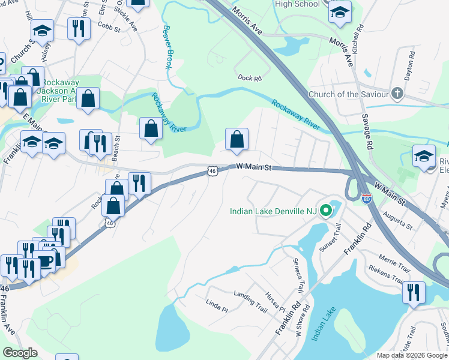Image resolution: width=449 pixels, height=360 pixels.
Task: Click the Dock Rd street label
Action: [x=250, y=77]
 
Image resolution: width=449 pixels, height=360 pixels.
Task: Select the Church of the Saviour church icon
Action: [x=397, y=94]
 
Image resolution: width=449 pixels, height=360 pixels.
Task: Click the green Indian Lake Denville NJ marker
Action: [x=326, y=211]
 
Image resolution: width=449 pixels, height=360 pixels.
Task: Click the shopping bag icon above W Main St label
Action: [x=237, y=139]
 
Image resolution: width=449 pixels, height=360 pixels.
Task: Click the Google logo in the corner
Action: [x=20, y=353]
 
